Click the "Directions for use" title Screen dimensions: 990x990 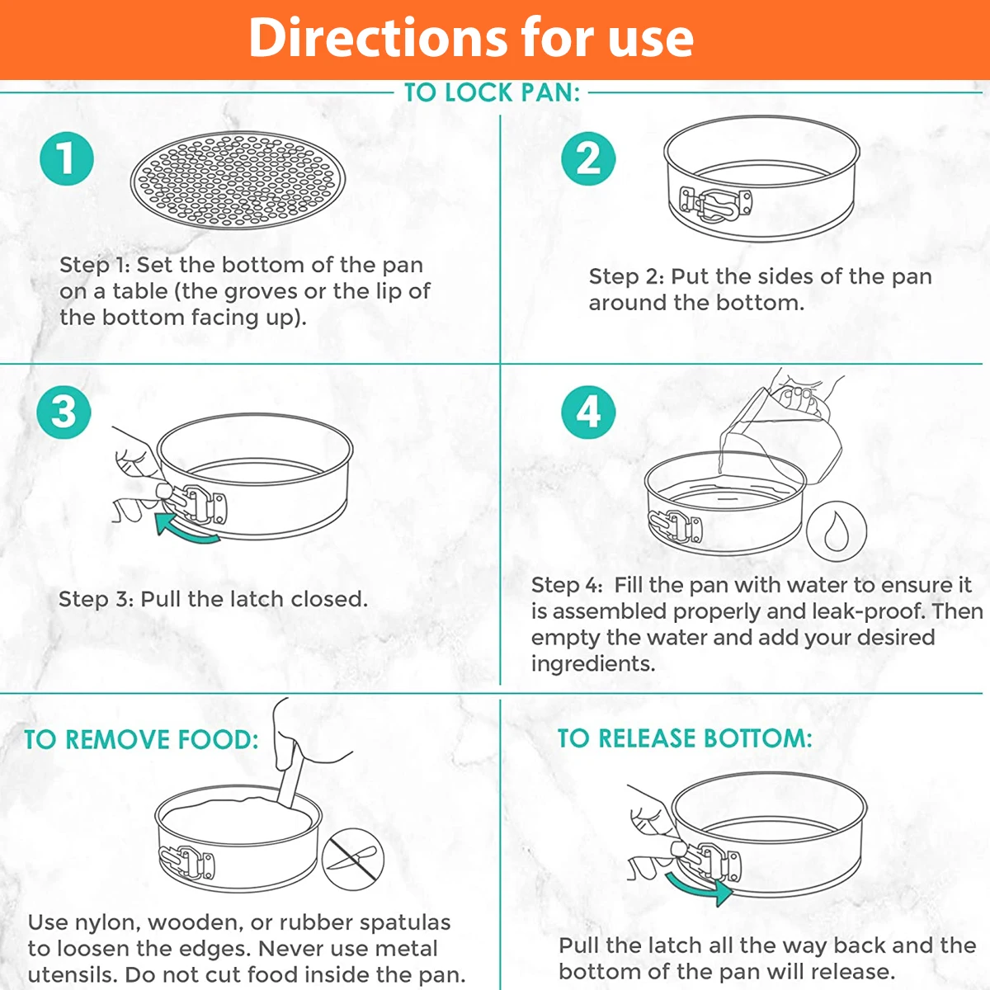[x=471, y=38]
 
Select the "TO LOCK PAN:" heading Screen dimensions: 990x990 [x=492, y=92]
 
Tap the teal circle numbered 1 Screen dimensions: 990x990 [x=67, y=158]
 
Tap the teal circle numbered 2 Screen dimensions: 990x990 [x=588, y=158]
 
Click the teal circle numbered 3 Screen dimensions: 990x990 [x=64, y=412]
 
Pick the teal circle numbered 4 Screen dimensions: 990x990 [x=588, y=412]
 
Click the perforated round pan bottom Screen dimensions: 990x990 [x=238, y=180]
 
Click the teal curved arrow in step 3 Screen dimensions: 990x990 [x=186, y=530]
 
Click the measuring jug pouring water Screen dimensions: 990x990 [x=784, y=433]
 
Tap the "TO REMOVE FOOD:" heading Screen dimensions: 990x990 [x=141, y=740]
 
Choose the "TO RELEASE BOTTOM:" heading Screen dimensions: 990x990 [x=685, y=738]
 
